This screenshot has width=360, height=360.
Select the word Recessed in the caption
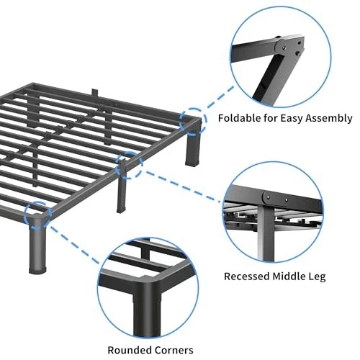pos(246,276)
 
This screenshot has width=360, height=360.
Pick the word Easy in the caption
pos(292,119)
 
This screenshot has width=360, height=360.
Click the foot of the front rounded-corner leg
pos(37,269)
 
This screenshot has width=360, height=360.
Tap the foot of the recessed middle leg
pos(121,210)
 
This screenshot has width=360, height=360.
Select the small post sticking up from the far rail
pos(95,93)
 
